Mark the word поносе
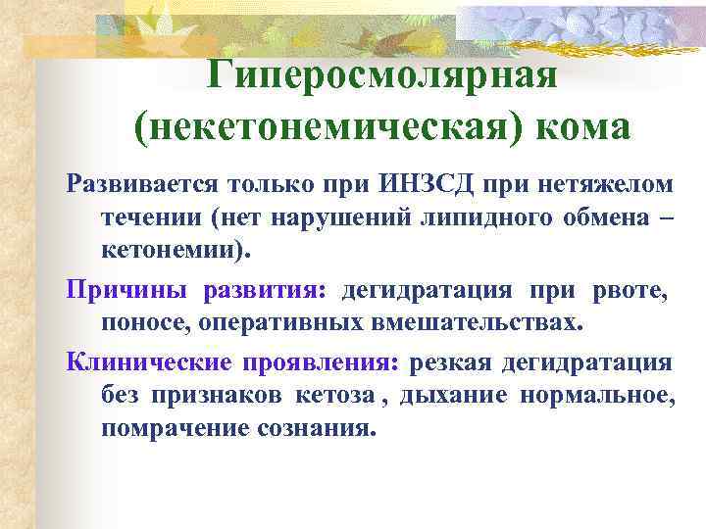coord(144,322)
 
